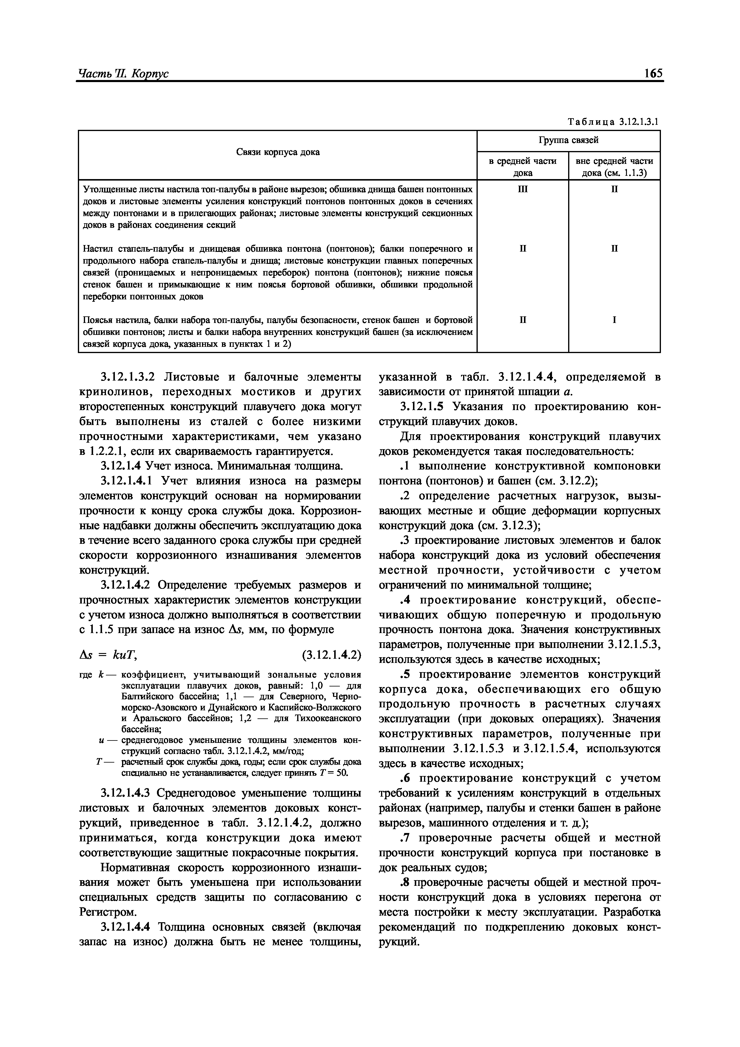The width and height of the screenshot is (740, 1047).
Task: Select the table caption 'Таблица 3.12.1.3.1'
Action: click(613, 122)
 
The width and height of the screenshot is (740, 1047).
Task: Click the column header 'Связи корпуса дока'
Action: click(278, 152)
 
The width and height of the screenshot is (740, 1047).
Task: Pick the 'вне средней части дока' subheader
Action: click(614, 167)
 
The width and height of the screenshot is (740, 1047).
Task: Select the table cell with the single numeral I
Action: click(614, 320)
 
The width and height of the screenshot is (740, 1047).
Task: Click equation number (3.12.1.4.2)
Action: click(332, 655)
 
